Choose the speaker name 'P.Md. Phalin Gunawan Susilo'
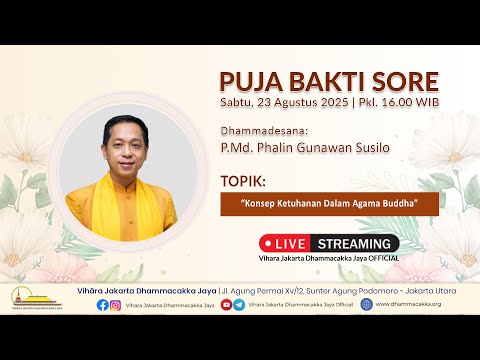click(x=304, y=148)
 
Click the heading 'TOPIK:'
click(x=245, y=184)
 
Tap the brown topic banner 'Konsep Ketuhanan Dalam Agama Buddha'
click(x=329, y=204)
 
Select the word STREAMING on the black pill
click(x=354, y=243)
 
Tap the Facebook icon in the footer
click(x=103, y=305)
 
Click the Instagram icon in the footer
click(x=118, y=305)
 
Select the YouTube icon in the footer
click(x=226, y=305)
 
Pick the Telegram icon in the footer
click(x=239, y=305)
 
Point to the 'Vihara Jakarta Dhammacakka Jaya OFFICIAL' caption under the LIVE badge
click(x=329, y=258)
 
